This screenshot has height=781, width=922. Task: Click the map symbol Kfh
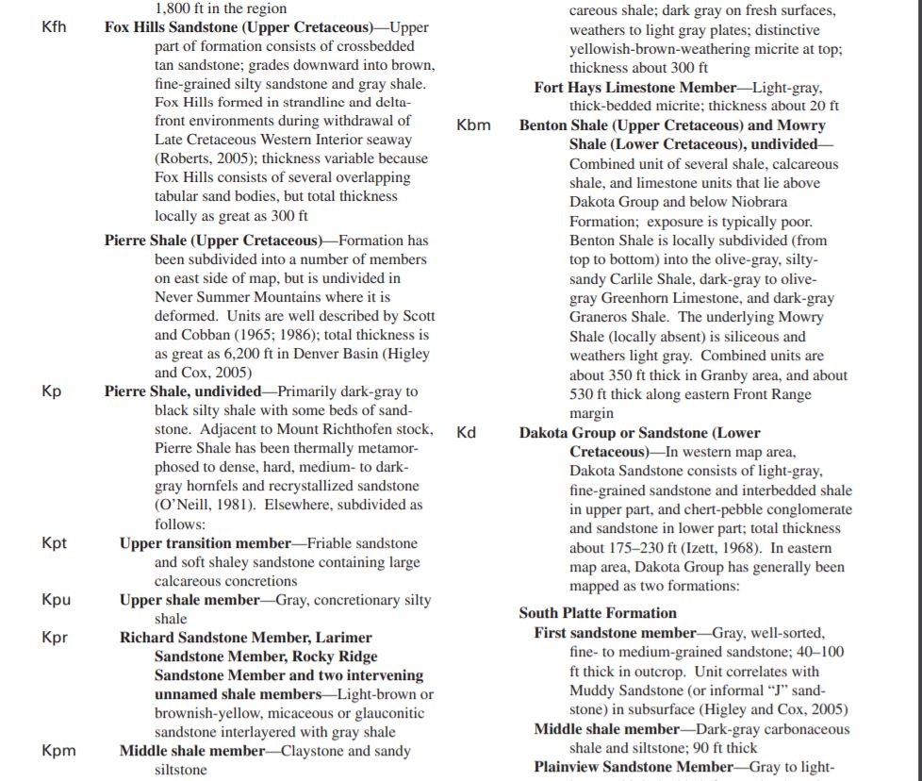point(54,26)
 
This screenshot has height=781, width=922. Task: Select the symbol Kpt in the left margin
point(55,543)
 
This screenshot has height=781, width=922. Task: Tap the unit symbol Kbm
point(473,125)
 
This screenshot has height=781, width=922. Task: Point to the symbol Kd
point(466,433)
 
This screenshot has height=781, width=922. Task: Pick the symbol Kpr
point(55,638)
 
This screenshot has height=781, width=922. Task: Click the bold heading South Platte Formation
point(598,613)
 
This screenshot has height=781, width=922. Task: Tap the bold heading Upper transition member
point(206,543)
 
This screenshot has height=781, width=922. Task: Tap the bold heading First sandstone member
point(615,633)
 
